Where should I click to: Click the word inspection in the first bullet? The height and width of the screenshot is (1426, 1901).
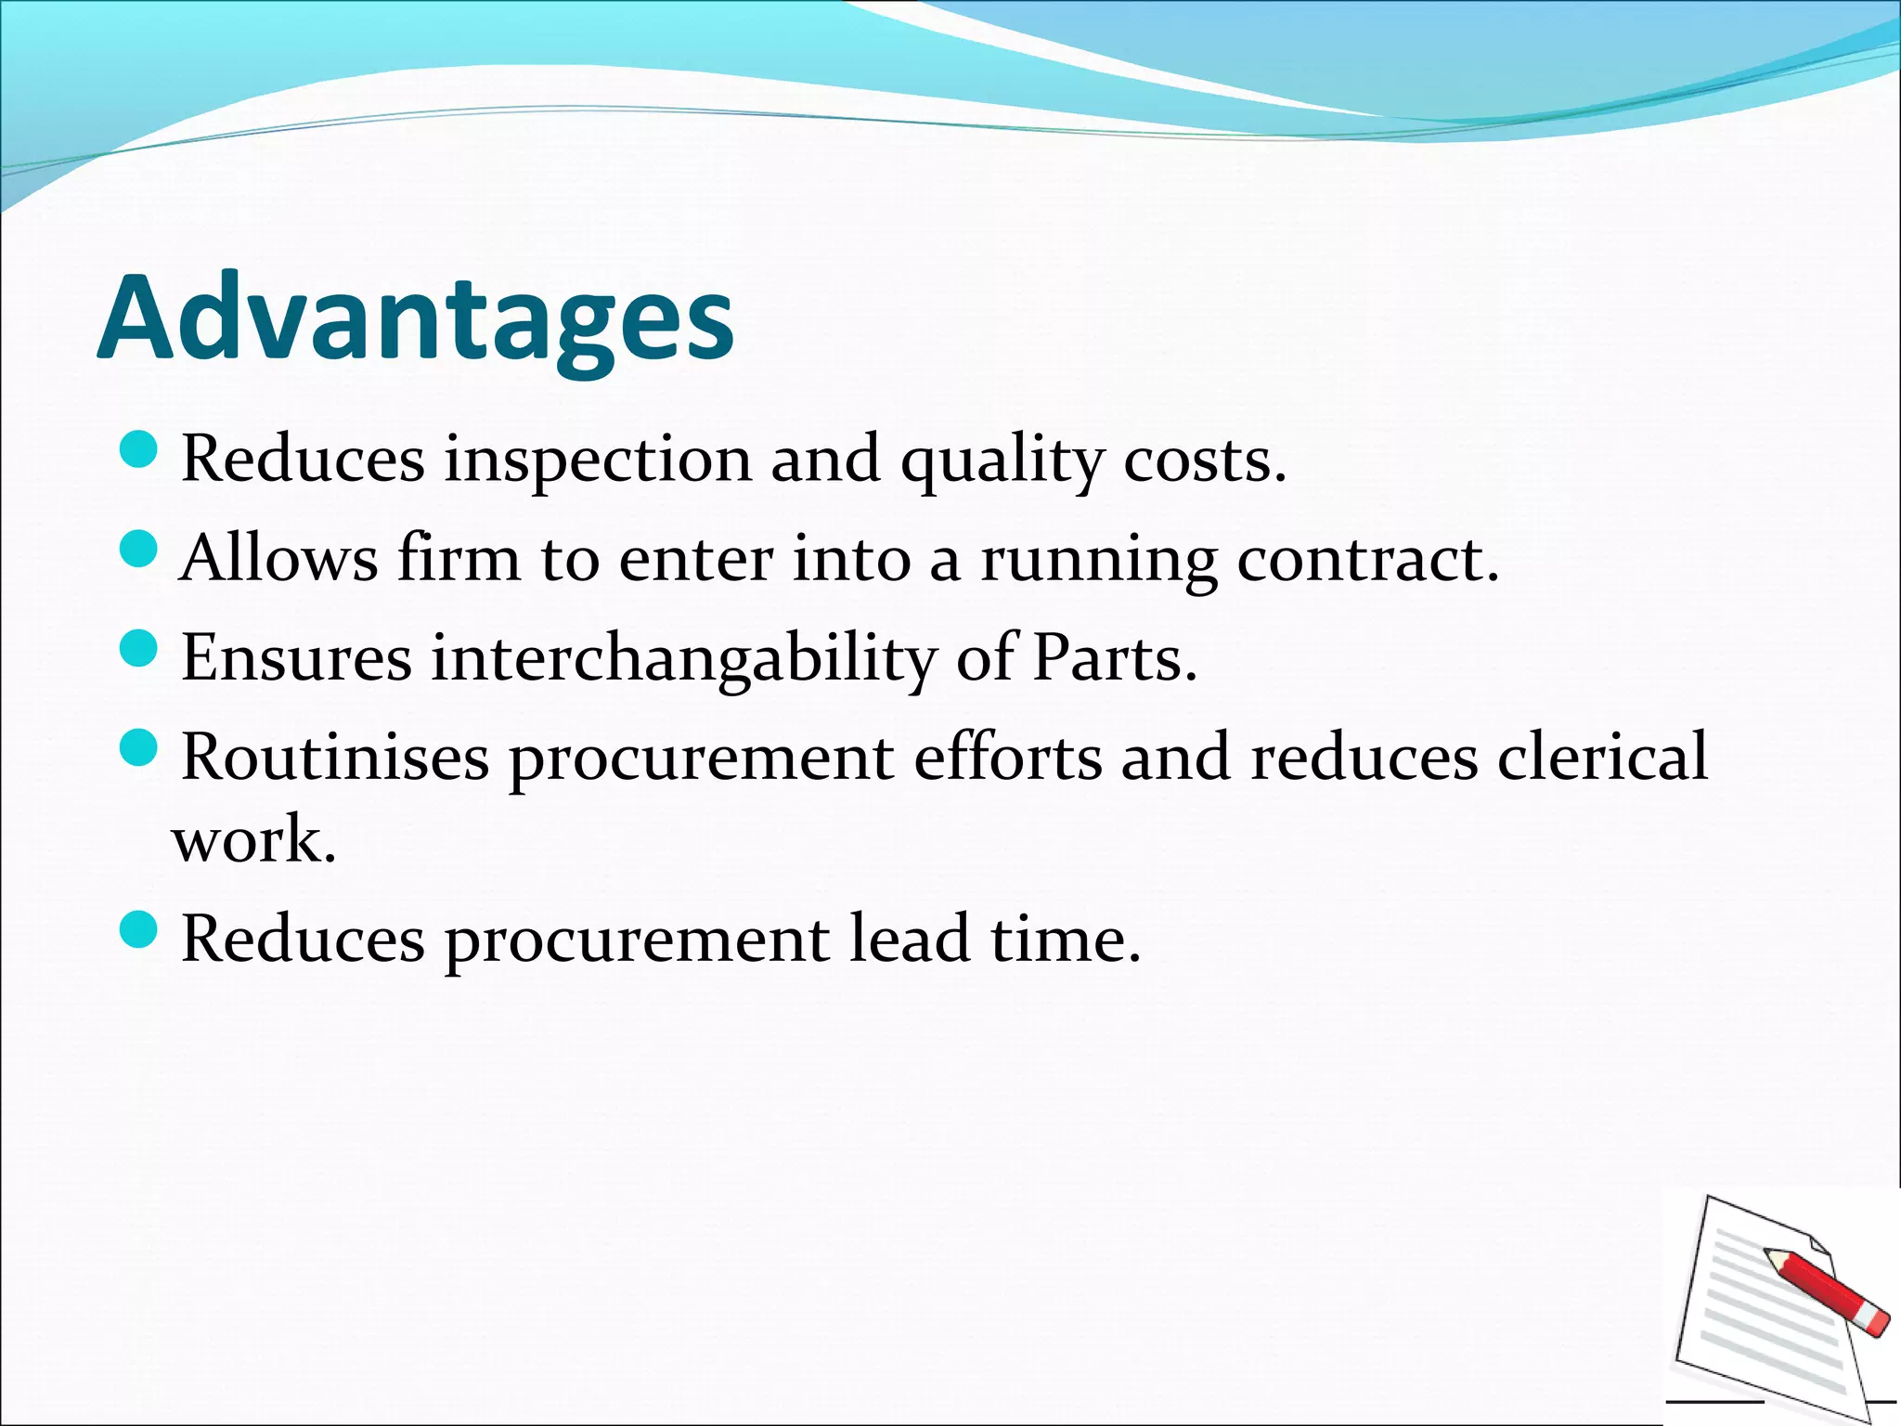598,459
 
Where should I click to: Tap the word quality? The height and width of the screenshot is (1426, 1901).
1002,460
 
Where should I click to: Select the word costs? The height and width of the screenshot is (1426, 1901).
1205,459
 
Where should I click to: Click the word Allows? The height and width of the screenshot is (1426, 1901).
279,559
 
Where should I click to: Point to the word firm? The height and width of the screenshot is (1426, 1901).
459,559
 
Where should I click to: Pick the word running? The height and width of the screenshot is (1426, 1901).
1099,561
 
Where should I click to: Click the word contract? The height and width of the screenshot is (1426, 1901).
1367,559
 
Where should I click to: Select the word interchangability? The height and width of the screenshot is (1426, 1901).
684,659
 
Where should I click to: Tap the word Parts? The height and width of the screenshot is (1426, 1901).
1114,657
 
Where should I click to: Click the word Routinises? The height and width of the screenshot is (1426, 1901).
335,757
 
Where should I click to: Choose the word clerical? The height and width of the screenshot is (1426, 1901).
1602,757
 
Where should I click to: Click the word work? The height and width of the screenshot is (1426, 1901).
253,839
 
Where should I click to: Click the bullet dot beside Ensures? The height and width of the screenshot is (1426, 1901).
139,647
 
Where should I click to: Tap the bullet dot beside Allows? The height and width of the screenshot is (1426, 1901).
139,549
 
